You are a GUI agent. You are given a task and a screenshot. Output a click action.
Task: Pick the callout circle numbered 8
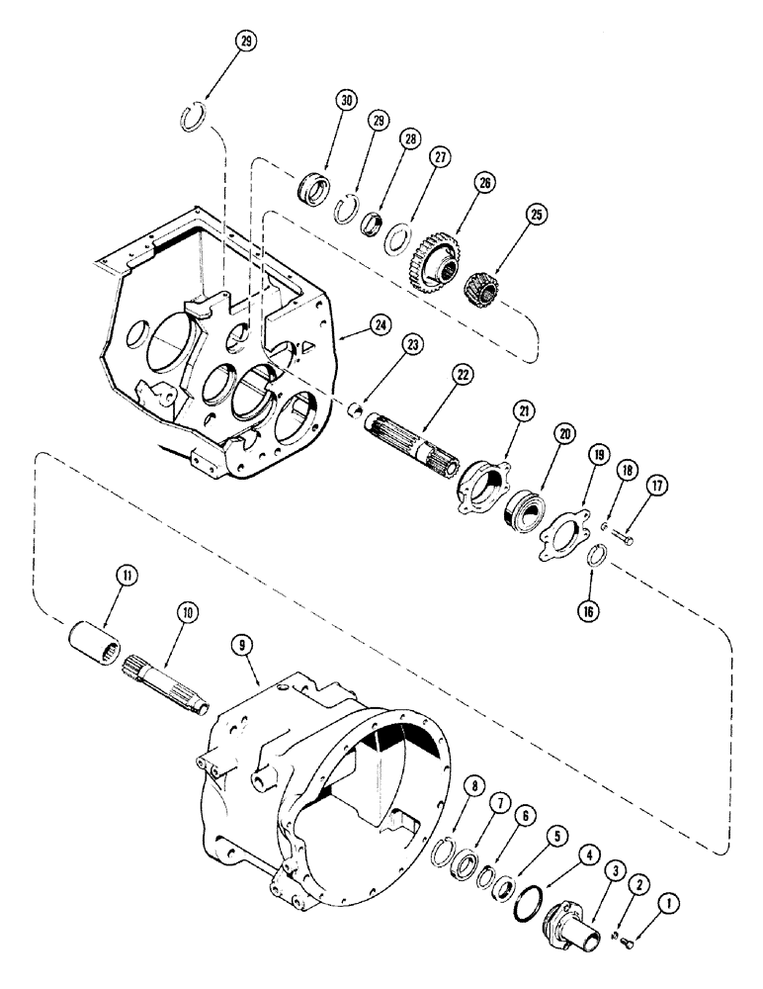tap(476, 787)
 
